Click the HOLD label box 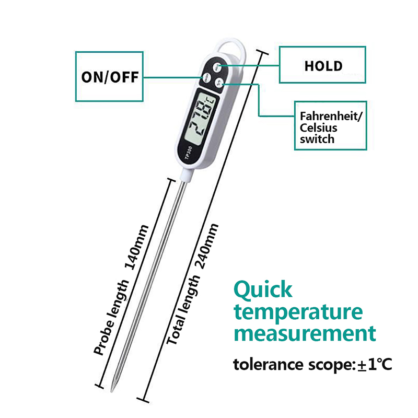click(323, 65)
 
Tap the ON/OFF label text click(110, 77)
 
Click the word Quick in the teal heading click(263, 289)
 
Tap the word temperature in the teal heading click(298, 312)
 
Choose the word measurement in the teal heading click(305, 333)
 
